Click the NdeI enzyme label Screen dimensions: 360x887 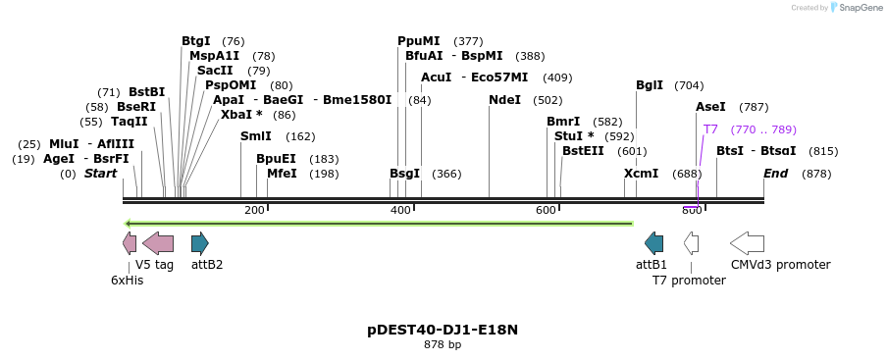pos(504,100)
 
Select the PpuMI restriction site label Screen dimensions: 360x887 pos(418,41)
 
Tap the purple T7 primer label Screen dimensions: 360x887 pos(710,129)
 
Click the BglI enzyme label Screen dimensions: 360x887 pos(650,85)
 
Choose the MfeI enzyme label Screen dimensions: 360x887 pos(282,174)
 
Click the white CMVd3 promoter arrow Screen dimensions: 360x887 pos(747,243)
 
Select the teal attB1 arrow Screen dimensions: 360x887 pos(653,243)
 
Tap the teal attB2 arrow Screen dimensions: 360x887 pos(199,243)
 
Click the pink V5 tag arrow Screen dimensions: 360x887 pos(158,243)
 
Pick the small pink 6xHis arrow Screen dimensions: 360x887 pos(130,243)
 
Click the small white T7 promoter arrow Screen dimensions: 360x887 pos(691,243)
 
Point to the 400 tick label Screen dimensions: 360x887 pos(400,210)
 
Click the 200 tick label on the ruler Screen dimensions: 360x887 pos(254,210)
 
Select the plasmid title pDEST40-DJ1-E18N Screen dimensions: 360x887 pos(443,330)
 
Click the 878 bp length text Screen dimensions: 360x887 pos(443,345)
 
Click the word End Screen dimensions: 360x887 pos(775,174)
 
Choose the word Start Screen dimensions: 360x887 pos(100,174)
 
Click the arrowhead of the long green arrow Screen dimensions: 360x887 pos(129,224)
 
